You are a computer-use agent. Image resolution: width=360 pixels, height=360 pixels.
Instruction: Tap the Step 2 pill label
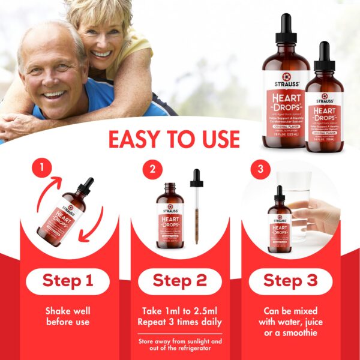tap(181, 280)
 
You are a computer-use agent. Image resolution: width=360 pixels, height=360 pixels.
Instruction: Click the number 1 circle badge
tap(42, 169)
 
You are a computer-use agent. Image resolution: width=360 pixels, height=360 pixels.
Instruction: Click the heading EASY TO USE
tap(174, 139)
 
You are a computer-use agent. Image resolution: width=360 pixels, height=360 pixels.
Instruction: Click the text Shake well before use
tap(67, 316)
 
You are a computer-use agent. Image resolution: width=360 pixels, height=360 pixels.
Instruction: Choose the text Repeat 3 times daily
tap(181, 322)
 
